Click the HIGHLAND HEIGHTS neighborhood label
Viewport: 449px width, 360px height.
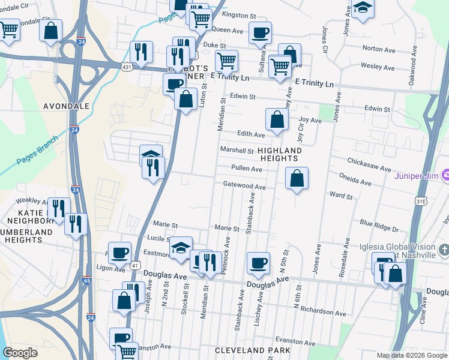[x=279, y=154]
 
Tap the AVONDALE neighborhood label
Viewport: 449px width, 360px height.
[x=66, y=106]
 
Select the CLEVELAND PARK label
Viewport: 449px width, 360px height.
[x=255, y=350]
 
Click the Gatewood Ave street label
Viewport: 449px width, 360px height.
[x=244, y=187]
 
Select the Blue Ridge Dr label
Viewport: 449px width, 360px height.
[x=379, y=229]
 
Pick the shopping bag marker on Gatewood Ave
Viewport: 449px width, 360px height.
[x=297, y=178]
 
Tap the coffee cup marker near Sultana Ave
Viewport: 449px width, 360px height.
[x=260, y=32]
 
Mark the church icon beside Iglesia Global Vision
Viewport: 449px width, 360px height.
[x=444, y=248]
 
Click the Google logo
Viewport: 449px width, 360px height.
[x=20, y=353]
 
